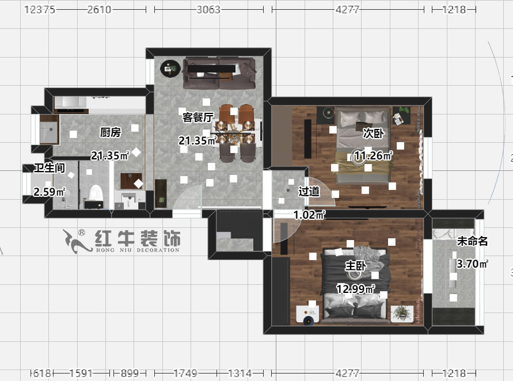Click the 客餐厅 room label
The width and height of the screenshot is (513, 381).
[198, 117]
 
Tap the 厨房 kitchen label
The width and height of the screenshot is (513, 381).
[110, 133]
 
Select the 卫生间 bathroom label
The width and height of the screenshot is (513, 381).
[48, 168]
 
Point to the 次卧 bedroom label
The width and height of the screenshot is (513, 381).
[373, 134]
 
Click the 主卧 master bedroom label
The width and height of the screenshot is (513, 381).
[355, 266]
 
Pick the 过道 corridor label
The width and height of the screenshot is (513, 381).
[309, 191]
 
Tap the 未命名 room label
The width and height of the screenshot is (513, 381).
[472, 242]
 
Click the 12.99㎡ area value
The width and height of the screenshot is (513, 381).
[356, 289]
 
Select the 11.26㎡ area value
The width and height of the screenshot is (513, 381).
[373, 155]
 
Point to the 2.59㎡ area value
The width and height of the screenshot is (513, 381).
[50, 192]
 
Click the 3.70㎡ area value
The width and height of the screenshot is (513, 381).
[472, 264]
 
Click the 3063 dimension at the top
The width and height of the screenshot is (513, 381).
[208, 10]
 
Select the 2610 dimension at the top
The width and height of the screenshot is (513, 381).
[98, 10]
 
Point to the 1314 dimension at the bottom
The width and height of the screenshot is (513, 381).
[239, 373]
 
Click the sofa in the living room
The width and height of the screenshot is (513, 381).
[219, 73]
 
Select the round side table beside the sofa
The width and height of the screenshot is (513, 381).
[170, 69]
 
